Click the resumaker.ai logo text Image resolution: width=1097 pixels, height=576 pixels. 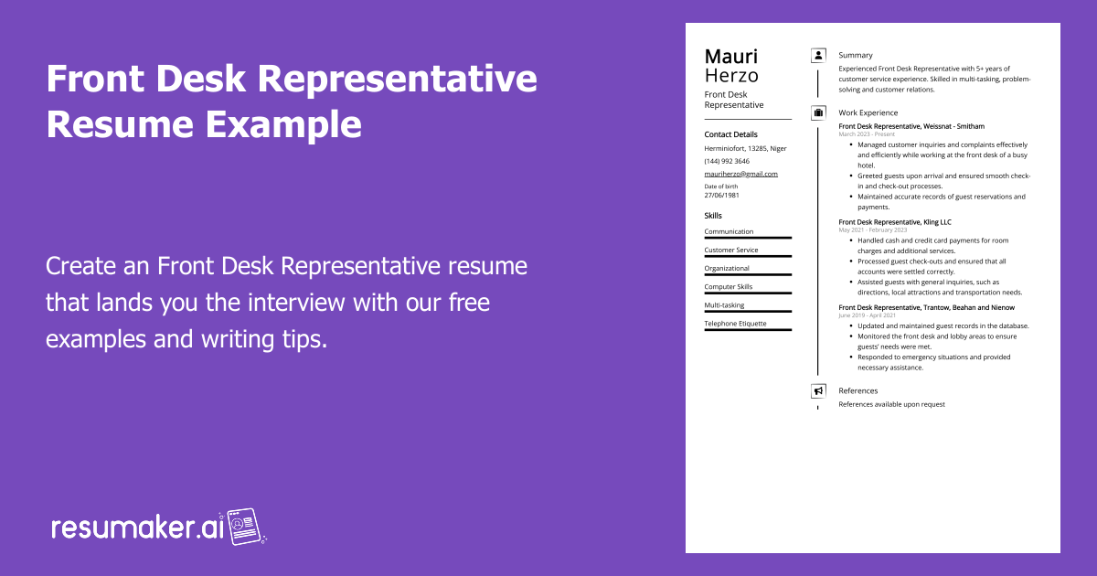click(138, 528)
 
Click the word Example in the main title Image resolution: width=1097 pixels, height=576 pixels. click(283, 124)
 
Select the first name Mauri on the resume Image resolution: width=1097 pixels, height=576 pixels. click(730, 57)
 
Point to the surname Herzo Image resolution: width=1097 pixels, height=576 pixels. click(731, 76)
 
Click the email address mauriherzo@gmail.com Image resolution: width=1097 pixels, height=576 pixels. click(740, 174)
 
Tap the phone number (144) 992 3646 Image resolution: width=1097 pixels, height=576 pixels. click(727, 161)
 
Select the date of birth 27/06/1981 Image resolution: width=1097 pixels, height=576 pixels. click(721, 195)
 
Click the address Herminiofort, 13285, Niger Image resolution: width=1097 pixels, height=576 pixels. click(745, 148)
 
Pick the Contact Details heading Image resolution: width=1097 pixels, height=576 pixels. click(730, 134)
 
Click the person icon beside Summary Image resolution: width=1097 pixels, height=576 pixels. click(818, 56)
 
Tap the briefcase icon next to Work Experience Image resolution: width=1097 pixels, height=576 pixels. click(818, 113)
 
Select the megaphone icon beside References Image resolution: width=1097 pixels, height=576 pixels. click(818, 391)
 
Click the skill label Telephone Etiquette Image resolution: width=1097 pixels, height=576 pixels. click(735, 324)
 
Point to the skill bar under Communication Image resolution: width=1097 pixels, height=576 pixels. click(748, 238)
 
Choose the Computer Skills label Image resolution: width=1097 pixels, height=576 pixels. click(729, 287)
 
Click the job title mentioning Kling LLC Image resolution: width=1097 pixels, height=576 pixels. click(895, 222)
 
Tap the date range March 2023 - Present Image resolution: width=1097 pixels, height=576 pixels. click(867, 134)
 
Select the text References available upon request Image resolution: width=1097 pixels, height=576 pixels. click(891, 404)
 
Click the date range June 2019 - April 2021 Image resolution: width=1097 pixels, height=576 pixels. click(867, 315)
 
